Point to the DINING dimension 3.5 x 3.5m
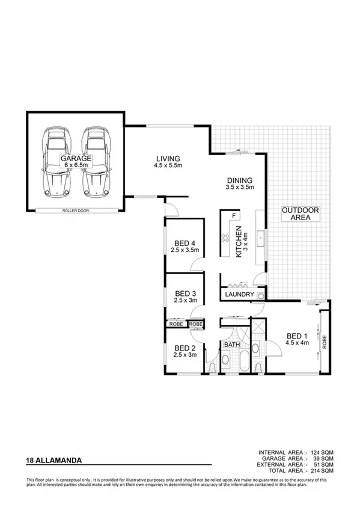[x=239, y=188]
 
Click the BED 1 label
[x=297, y=335]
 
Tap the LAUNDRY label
[x=239, y=295]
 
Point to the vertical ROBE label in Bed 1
[x=325, y=342]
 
